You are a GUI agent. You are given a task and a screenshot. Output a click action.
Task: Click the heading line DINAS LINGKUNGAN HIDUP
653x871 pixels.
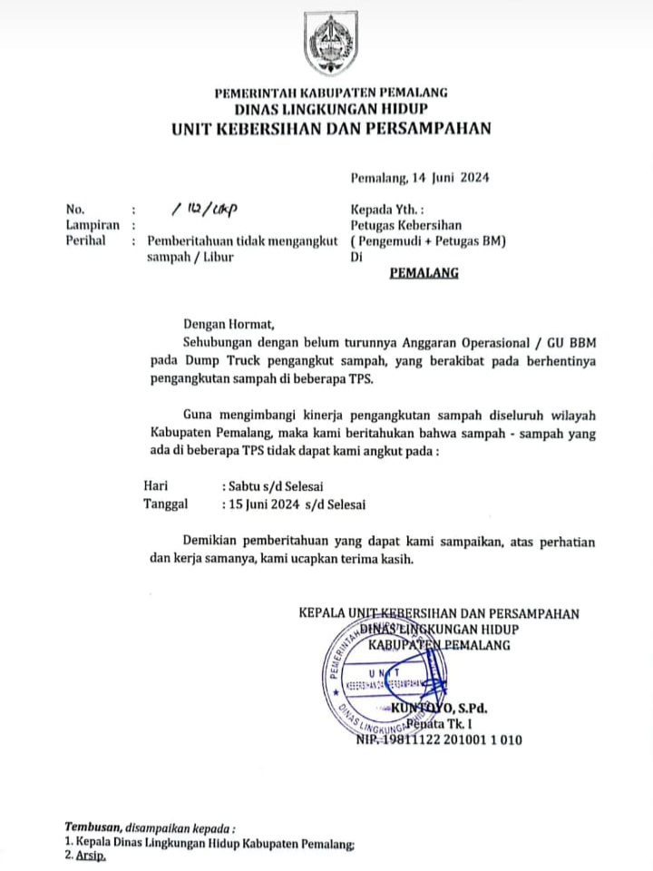pos(330,109)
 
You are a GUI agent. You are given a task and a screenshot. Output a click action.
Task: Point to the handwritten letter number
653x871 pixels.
pos(203,209)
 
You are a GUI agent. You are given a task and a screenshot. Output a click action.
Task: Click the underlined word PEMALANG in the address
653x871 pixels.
pos(424,272)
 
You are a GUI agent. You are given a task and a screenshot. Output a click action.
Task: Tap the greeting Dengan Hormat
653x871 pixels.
pos(228,321)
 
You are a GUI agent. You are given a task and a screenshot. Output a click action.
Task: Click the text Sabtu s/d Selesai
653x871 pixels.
pos(272,485)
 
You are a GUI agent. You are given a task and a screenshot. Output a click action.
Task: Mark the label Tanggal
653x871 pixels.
pos(166,504)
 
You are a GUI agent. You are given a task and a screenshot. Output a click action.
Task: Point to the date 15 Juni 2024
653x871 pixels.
pos(261,504)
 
